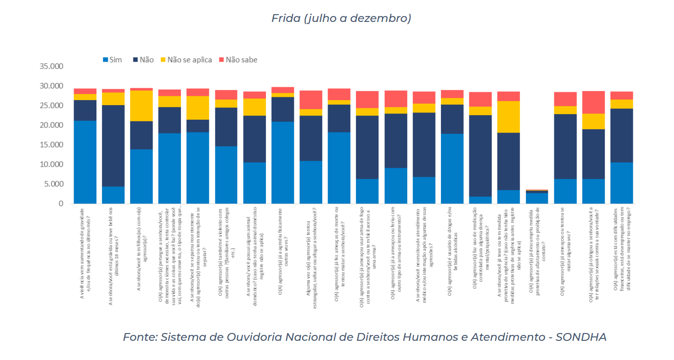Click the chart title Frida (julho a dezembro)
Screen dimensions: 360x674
pos(341,18)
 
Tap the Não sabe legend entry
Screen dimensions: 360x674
pos(241,59)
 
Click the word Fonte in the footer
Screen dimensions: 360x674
pos(139,337)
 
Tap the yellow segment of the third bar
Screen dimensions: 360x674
pos(141,106)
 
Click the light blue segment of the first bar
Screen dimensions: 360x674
pos(85,162)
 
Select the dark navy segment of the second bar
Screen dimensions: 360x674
pos(113,146)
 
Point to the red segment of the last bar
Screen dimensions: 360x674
pos(621,95)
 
